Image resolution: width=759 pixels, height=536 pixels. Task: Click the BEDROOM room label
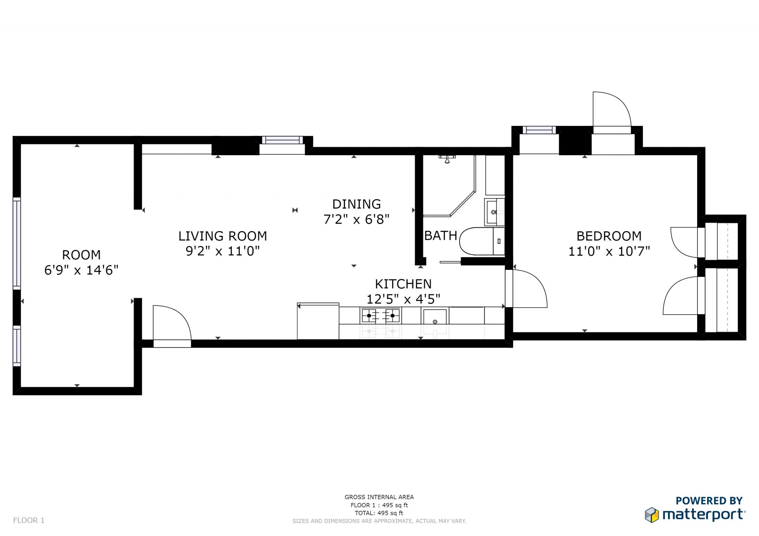[x=609, y=236]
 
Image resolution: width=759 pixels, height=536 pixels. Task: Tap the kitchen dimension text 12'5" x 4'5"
[x=403, y=299]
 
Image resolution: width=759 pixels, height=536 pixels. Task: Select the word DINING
[x=356, y=204]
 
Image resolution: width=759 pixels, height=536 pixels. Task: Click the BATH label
[x=440, y=235]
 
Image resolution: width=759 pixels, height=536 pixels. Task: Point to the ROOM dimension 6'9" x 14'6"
[x=81, y=270]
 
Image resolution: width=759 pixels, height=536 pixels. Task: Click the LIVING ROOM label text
[x=222, y=236]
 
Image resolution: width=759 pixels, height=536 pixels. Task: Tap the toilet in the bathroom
[x=478, y=241]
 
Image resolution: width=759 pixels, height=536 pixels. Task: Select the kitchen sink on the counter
[x=435, y=316]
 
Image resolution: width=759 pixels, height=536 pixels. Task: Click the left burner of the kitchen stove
[x=369, y=316]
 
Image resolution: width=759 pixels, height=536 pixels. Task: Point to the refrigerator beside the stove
[x=318, y=321]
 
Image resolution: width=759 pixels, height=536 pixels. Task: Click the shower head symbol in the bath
[x=447, y=160]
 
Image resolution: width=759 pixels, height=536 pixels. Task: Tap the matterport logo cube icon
[x=652, y=515]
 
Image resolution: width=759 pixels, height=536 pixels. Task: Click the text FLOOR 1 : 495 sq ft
[x=379, y=505]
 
